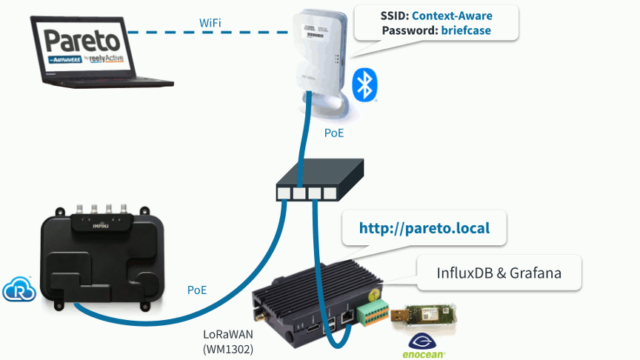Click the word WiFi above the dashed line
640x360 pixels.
tap(210, 23)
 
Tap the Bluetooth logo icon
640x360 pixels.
tap(364, 84)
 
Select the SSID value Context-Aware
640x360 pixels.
tap(452, 15)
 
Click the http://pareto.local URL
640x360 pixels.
tap(424, 227)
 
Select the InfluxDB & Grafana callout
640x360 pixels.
tap(499, 273)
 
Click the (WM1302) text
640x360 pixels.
tap(228, 349)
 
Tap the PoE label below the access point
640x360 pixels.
tap(334, 133)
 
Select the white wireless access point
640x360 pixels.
tap(319, 52)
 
